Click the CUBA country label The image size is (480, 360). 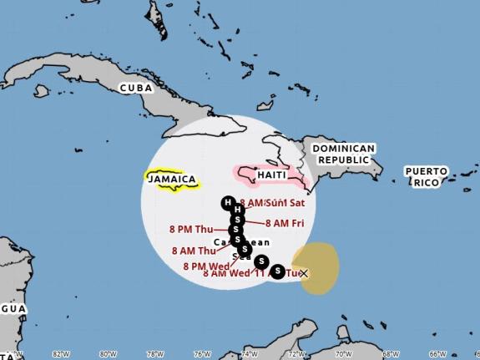pos(137,88)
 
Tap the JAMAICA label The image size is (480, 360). pos(173,180)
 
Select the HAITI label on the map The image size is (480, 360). pos(271,175)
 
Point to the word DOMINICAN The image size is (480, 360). pos(344,148)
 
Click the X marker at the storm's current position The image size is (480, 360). pos(303,273)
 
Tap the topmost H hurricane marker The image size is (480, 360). pos(227,203)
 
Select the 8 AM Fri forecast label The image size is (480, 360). pos(289,223)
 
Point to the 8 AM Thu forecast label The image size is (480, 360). pos(194,250)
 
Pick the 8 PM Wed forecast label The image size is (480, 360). pos(206,266)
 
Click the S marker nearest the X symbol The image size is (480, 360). pos(277,271)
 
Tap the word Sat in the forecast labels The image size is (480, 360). pos(298,202)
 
